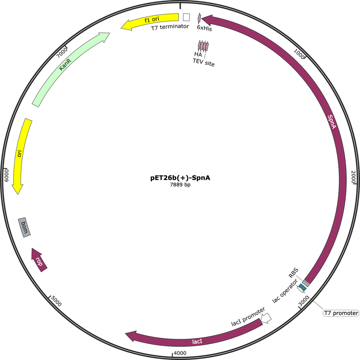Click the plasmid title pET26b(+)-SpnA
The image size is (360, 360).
click(180, 178)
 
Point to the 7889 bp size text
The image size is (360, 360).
click(180, 185)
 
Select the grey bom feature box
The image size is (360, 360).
click(25, 227)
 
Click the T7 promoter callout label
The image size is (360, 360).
click(341, 313)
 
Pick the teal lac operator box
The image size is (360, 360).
click(303, 287)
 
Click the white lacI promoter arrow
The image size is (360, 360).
click(266, 318)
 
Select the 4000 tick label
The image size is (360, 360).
click(180, 353)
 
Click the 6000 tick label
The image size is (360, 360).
click(7, 175)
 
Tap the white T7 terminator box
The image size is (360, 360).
click(186, 17)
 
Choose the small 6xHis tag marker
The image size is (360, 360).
click(199, 18)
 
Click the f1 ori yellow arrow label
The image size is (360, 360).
click(152, 20)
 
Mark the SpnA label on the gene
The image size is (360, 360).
click(332, 122)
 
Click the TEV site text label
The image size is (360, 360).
click(204, 62)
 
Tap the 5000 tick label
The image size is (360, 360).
click(56, 301)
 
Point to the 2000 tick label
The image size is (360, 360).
click(353, 177)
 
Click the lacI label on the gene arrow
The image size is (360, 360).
click(197, 342)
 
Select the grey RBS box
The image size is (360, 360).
click(306, 283)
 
